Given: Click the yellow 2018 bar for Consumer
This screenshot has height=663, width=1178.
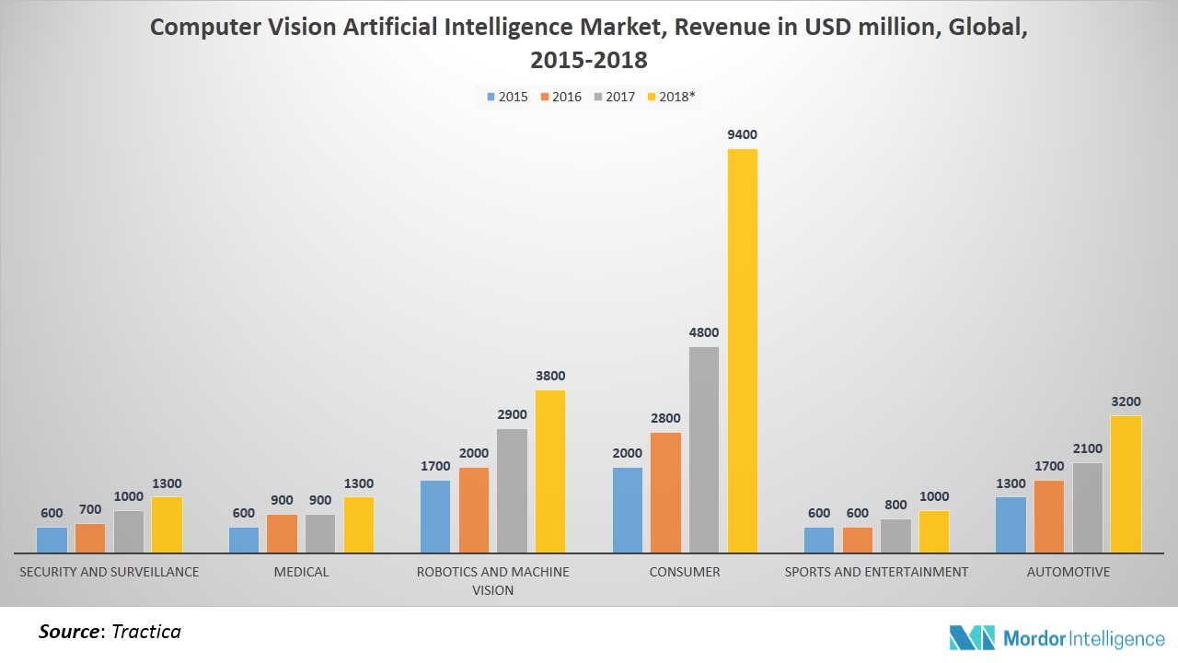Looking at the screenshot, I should coord(742,350).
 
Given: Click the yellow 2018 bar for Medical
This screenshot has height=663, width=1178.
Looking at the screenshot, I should coord(359,525).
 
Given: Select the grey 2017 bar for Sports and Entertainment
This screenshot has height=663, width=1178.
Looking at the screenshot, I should coord(895,536).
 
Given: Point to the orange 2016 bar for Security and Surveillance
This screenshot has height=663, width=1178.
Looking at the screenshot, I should coord(90,538).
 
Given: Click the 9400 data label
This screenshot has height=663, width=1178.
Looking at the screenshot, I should coord(742,134).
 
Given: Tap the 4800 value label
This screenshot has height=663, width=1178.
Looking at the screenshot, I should coord(704,332).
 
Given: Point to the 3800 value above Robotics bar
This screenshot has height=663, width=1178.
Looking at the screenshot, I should coord(550,376).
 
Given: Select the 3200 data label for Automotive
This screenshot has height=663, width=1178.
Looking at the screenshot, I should coord(1126,401).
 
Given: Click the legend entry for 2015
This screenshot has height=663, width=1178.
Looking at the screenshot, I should coord(506,96).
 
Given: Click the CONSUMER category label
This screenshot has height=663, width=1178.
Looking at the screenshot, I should coord(685,572).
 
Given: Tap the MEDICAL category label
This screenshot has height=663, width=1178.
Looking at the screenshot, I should coord(301,572).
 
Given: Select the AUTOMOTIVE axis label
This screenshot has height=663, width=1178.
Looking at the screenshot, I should coord(1068,572).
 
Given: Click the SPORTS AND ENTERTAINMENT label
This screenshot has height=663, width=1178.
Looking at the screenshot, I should coord(876,572).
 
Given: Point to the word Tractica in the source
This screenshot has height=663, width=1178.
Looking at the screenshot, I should coord(145,632).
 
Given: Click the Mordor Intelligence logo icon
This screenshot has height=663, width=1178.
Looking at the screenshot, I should coord(973,637).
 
